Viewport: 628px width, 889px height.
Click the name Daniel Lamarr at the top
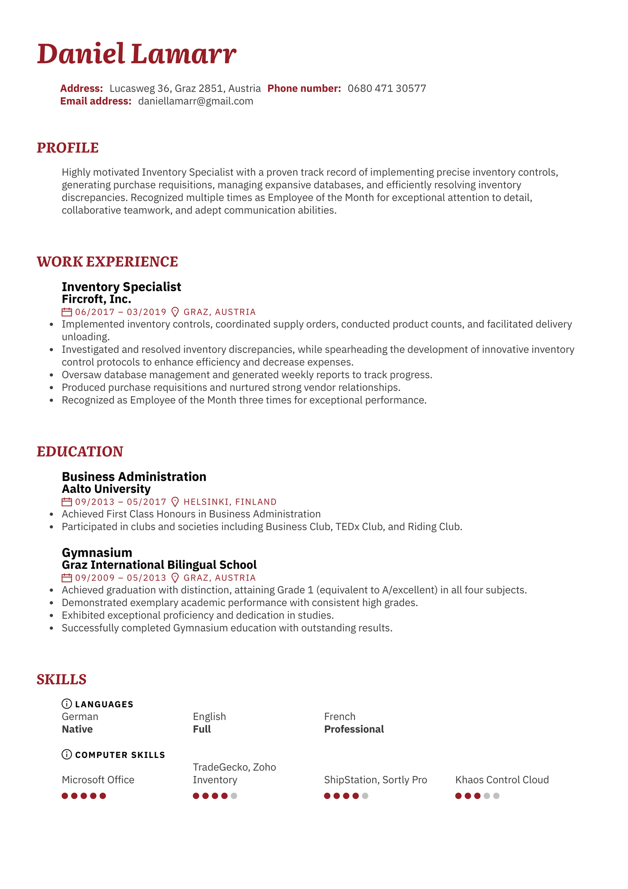(x=136, y=54)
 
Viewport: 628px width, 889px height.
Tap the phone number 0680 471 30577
(x=387, y=89)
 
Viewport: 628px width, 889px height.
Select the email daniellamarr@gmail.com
(x=196, y=101)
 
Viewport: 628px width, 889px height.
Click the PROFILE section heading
(x=68, y=148)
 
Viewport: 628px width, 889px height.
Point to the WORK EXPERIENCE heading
(x=107, y=262)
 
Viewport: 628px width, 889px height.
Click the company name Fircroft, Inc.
(x=96, y=299)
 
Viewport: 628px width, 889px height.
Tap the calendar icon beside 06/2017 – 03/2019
(x=67, y=312)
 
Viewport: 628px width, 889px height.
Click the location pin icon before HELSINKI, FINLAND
(x=175, y=502)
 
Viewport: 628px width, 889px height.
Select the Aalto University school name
(x=106, y=489)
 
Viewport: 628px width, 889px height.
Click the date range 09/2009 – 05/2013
(x=120, y=578)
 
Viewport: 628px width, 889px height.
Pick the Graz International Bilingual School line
(x=159, y=565)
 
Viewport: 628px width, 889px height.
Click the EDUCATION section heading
(x=80, y=452)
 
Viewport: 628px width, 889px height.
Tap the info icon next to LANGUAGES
(x=67, y=704)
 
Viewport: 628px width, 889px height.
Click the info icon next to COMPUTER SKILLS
(x=67, y=755)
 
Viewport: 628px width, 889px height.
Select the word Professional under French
(x=354, y=729)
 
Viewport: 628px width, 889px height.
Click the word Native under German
(x=77, y=729)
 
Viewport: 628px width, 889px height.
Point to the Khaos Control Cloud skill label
(x=502, y=780)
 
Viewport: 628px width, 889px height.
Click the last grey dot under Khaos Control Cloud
(x=496, y=796)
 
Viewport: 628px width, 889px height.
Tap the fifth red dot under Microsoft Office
(x=103, y=796)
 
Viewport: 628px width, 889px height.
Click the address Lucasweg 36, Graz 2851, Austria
(x=185, y=89)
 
